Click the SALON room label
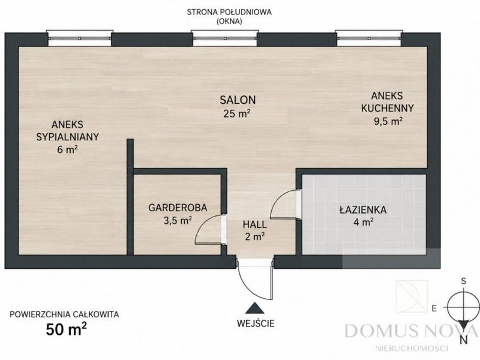pos(238,100)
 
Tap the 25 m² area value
pos(237,113)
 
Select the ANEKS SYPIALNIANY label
pos(68,131)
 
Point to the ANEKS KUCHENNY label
pos(387,102)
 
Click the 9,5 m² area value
pos(388,121)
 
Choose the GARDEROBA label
pos(178,208)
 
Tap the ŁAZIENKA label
pos(363,209)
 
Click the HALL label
pos(254,224)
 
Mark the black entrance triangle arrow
pos(254,308)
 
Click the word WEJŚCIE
pos(256,323)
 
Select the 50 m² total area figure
pos(67,329)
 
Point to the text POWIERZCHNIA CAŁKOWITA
pos(64,314)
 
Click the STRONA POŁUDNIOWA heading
pos(229,12)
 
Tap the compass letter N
pos(464,340)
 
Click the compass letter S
pos(464,281)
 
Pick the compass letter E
pos(434,308)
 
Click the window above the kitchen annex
pos(368,38)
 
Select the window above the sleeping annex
pos(80,38)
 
